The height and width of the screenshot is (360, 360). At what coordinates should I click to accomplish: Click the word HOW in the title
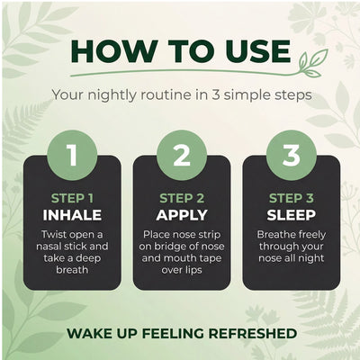[114, 50]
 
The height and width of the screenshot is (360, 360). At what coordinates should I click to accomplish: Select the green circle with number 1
[72, 155]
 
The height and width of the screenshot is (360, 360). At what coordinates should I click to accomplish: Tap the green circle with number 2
[182, 155]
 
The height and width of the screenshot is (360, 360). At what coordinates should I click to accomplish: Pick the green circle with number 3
[292, 155]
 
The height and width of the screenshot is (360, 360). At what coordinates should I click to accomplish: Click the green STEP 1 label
[72, 198]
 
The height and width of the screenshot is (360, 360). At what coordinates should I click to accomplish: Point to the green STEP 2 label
[182, 198]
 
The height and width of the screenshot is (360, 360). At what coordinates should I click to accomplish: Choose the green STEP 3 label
[292, 198]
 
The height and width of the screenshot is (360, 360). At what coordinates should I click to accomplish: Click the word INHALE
[72, 215]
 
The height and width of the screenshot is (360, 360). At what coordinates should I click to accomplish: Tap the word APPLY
[182, 215]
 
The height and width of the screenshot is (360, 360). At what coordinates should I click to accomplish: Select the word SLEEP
[292, 215]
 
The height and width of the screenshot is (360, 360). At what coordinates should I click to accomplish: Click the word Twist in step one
[53, 234]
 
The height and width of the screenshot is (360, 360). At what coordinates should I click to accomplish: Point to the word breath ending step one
[72, 270]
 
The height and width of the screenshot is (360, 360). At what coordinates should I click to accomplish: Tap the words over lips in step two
[182, 270]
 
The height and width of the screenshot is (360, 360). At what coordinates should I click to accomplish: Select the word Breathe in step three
[274, 234]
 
